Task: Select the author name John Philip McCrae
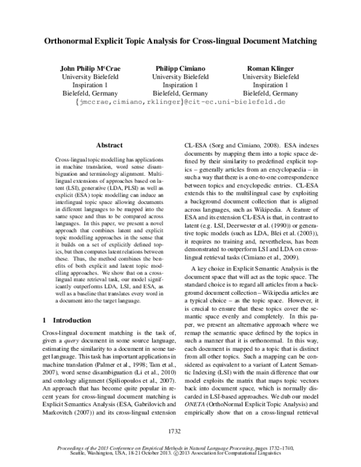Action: coord(90,68)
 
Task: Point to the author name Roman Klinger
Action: coord(270,68)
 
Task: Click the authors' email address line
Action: coord(180,103)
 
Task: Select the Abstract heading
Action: coord(109,145)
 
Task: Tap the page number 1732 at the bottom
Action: coord(180,431)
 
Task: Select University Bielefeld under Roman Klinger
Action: coord(270,77)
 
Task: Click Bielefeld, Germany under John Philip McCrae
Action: coord(90,94)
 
